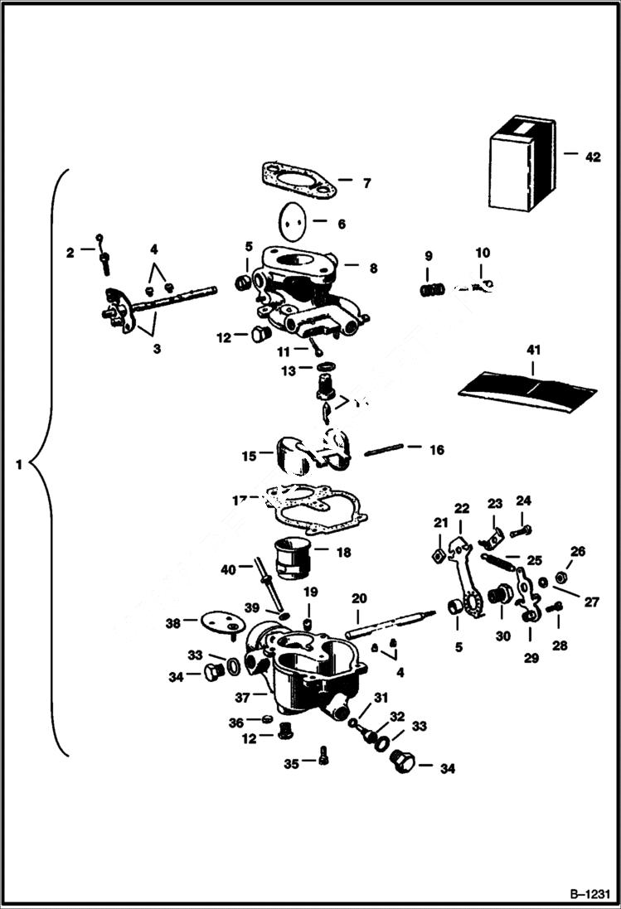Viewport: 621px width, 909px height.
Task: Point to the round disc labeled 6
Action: point(292,221)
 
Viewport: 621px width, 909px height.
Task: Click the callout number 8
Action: point(373,268)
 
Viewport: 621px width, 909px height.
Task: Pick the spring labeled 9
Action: point(429,290)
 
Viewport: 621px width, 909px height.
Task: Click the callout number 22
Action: point(461,508)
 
